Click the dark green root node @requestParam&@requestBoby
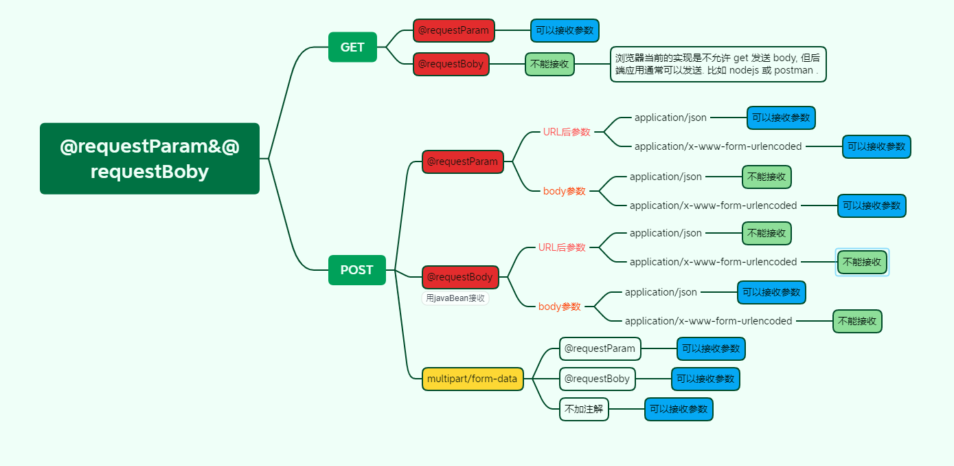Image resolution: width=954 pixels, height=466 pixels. tap(150, 159)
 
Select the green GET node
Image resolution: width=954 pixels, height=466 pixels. tap(352, 47)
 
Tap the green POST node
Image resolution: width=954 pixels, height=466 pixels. tap(356, 270)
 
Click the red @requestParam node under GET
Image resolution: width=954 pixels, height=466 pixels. tap(453, 30)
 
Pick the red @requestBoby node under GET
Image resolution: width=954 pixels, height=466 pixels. tap(451, 64)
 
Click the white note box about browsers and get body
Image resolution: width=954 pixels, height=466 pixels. tap(718, 64)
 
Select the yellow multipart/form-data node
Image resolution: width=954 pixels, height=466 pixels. tap(472, 379)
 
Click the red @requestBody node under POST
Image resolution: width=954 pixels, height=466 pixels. tap(459, 277)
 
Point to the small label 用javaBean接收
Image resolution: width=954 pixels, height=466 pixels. tap(455, 298)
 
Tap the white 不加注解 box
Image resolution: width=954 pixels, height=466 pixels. tap(584, 409)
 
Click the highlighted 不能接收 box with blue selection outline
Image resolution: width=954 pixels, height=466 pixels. tap(862, 262)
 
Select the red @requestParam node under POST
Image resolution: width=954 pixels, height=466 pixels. tap(462, 162)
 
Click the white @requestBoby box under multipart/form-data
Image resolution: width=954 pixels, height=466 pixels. tap(597, 379)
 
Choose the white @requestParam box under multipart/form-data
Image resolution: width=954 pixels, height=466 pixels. tap(600, 348)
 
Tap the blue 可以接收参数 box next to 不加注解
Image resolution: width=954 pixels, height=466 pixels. tap(679, 409)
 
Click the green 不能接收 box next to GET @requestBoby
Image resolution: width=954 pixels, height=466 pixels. tap(549, 64)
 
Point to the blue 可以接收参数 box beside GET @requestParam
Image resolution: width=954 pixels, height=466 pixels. tap(565, 30)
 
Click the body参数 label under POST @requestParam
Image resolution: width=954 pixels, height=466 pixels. tap(564, 191)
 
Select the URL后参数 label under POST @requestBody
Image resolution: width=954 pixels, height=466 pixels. tap(562, 247)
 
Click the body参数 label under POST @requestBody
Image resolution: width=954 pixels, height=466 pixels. tap(559, 307)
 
